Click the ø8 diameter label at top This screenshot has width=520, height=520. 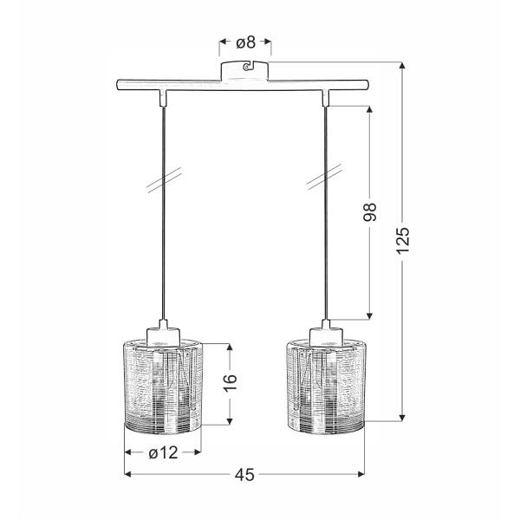click(x=245, y=41)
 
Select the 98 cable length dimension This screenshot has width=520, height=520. click(x=371, y=212)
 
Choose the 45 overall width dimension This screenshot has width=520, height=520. click(x=244, y=474)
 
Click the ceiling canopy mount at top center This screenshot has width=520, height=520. click(x=245, y=70)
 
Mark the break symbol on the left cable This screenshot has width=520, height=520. click(x=159, y=182)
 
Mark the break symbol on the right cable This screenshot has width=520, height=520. click(x=324, y=182)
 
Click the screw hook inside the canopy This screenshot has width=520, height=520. click(x=247, y=68)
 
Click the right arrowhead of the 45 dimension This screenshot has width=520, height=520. click(x=359, y=474)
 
